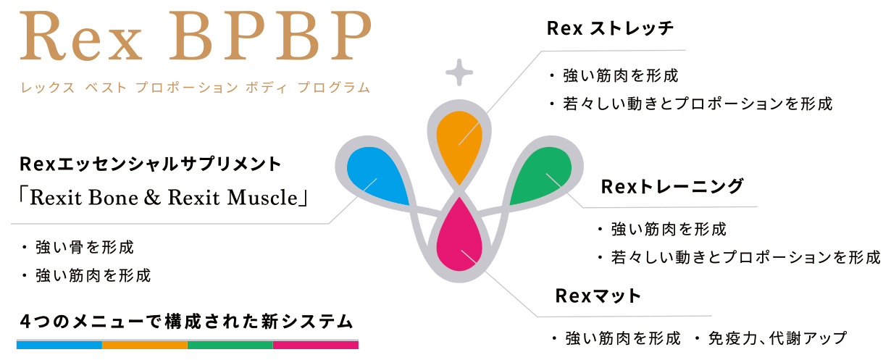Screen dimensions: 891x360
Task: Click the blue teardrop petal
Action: click(376, 175)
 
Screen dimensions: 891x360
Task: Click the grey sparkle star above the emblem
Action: click(459, 72)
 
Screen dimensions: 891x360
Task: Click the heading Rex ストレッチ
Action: click(610, 28)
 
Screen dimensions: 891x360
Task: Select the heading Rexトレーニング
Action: click(672, 186)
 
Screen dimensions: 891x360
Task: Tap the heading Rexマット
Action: click(598, 296)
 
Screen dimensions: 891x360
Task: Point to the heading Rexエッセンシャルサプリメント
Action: click(151, 164)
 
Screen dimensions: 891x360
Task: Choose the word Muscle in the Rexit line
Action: click(262, 197)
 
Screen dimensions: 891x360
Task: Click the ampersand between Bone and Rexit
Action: click(152, 197)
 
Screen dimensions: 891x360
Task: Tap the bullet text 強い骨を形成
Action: click(85, 248)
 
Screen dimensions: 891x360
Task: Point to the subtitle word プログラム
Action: click(333, 88)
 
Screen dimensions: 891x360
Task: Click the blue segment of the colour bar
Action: click(59, 345)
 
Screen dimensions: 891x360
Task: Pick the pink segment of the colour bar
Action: click(316, 345)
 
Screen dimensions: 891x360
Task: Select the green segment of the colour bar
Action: click(230, 345)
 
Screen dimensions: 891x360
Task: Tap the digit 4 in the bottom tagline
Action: click(25, 322)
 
